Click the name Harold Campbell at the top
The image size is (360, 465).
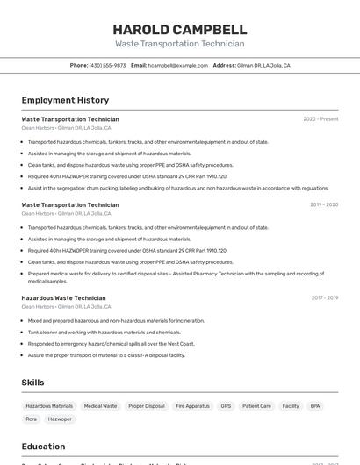coord(179,29)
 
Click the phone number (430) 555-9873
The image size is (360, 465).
coord(107,65)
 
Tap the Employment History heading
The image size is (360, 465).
coord(65,100)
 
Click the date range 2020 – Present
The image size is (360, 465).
coord(320,118)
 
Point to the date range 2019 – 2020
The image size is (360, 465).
coord(323,204)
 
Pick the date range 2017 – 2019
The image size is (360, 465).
coord(324,297)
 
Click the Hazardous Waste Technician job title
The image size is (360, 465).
coord(63,298)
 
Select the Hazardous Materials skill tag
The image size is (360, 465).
coord(49,406)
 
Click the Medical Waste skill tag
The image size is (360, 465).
coord(100,406)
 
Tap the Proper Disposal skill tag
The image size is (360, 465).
coord(147,406)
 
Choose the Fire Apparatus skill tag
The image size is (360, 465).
coord(192,406)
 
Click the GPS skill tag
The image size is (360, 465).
coord(226,406)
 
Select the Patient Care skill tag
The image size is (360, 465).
coord(256,406)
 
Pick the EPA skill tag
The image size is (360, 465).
coord(315,406)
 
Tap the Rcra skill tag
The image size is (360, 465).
coord(32,419)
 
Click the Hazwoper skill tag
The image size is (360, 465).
coord(60,419)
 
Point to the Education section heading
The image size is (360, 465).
coord(43,447)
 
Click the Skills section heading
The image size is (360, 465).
coord(32,383)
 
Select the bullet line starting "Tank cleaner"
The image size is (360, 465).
coord(104,333)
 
